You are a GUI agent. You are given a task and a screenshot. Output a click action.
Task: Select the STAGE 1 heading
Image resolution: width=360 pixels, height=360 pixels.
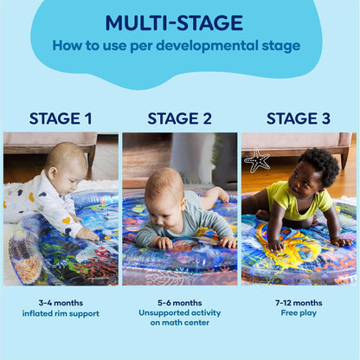coord(61,119)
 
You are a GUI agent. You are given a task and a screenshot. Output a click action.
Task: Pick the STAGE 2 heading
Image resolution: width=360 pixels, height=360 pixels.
coord(179,119)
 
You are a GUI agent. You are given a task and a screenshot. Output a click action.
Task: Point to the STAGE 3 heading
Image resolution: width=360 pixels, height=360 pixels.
coord(298,119)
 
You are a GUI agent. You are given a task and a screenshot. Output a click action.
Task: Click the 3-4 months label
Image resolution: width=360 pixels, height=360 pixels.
coord(61,303)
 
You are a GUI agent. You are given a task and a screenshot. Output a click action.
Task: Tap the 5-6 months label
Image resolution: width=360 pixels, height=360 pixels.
coord(179,303)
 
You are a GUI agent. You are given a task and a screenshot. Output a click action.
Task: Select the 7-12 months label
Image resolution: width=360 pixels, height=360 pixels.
coord(298,303)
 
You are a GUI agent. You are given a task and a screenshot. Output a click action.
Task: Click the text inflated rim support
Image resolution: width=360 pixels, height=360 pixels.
coord(61,313)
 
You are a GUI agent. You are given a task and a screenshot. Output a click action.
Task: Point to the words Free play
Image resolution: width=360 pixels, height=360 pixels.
coord(298,313)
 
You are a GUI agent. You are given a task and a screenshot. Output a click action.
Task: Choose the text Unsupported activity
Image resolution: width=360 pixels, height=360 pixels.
coord(179,313)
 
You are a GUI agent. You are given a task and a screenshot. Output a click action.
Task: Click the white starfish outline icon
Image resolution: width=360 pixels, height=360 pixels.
coord(257,160)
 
